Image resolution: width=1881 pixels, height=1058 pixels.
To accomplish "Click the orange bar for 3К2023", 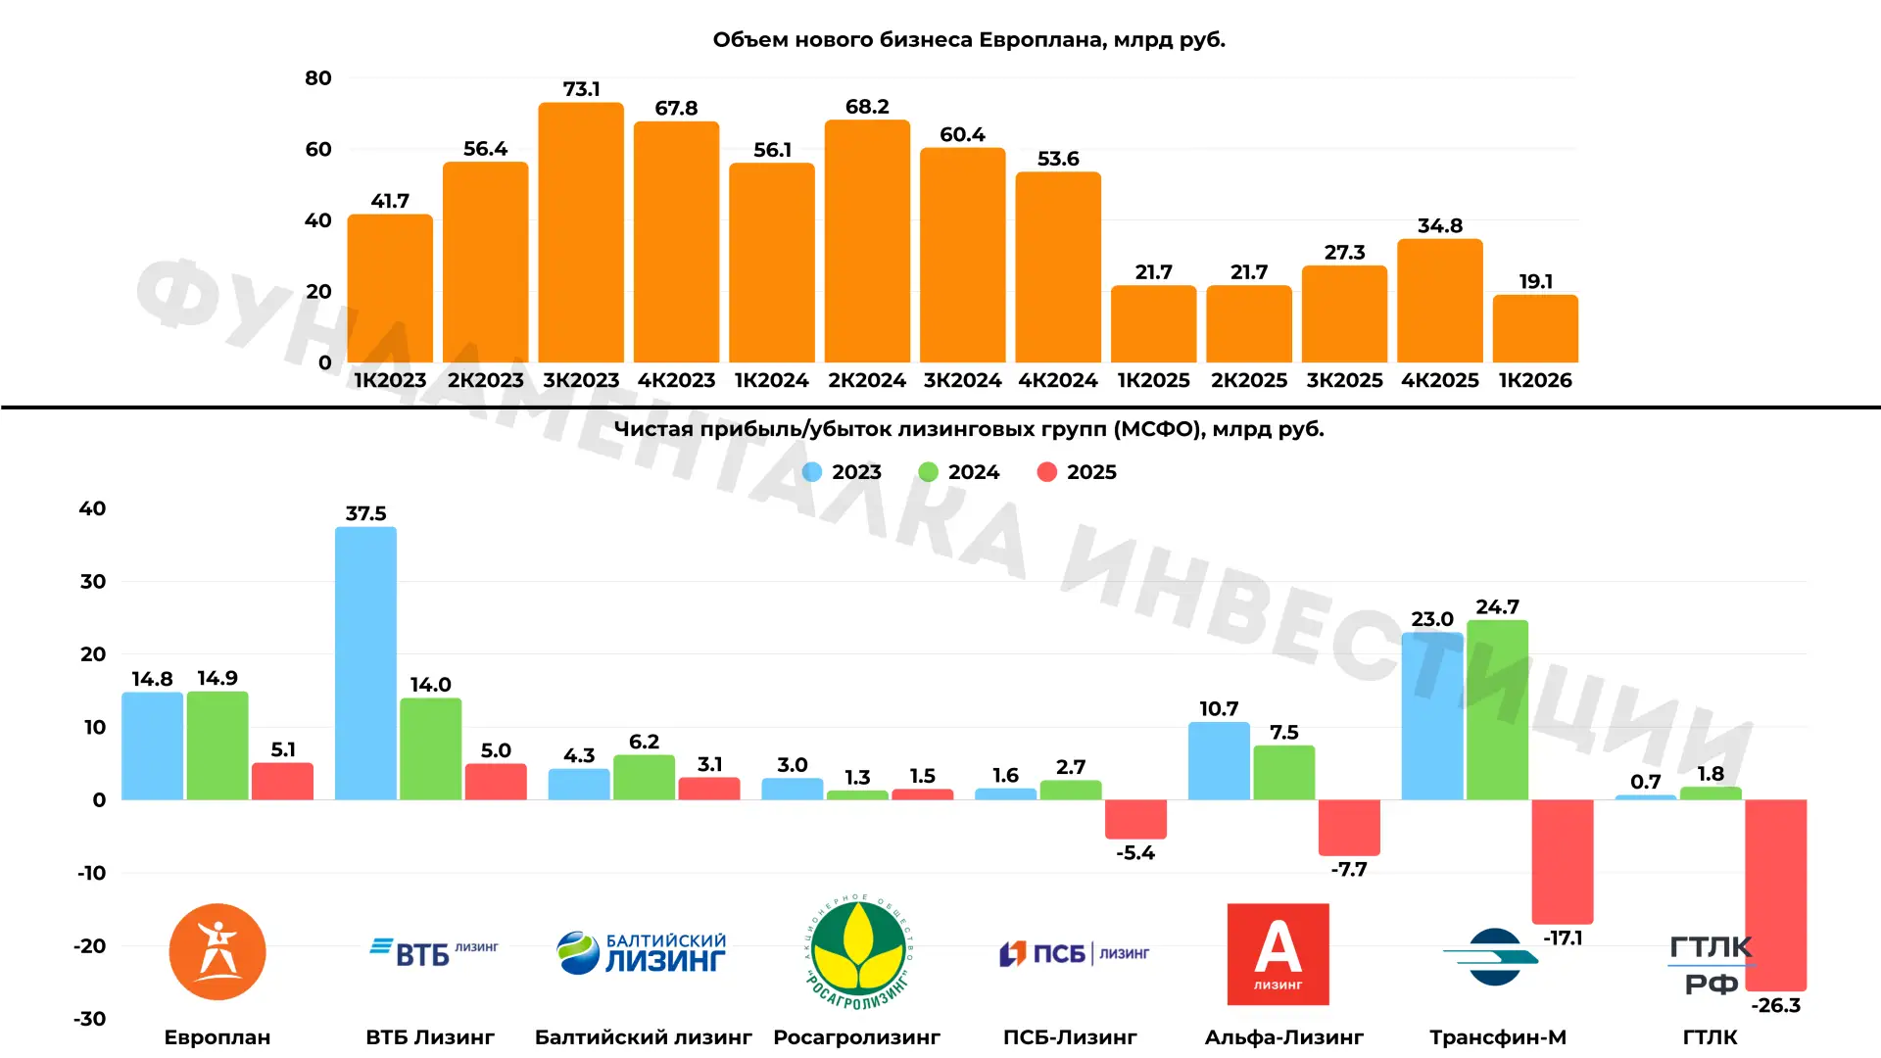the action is [581, 232].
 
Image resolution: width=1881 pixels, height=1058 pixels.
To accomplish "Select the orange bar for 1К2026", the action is [1535, 328].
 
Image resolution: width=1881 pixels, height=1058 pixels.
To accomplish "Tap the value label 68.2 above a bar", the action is [867, 106].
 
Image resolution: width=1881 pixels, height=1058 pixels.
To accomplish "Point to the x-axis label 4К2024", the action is [1058, 380].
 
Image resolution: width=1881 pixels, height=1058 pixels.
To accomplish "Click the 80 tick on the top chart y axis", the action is [318, 77].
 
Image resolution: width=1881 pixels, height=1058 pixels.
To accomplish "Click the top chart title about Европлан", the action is [969, 40].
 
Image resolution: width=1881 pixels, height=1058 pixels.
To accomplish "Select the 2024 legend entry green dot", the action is [928, 472].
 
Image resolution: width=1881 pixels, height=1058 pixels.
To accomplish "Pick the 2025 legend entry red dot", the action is [1046, 472].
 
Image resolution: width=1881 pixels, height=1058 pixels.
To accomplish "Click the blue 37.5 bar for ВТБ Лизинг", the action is [365, 663].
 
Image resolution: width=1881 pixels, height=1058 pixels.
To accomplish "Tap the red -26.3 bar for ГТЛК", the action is [1775, 895].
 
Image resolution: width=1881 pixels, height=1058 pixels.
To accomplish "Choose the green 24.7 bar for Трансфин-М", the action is [1497, 709].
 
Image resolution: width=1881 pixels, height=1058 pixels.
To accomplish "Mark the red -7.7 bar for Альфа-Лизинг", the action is [1349, 828].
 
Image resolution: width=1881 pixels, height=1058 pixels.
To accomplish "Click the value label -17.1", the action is [1563, 938].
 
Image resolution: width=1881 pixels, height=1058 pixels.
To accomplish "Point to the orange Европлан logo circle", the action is [217, 951].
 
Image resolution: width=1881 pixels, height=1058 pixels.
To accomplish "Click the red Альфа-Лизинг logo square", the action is [1278, 954].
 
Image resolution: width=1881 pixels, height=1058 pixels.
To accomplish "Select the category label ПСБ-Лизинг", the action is [1070, 1036].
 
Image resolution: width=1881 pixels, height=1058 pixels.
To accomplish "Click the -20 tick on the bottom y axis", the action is [90, 946].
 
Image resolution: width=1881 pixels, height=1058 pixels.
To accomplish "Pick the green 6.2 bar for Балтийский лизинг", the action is [644, 777].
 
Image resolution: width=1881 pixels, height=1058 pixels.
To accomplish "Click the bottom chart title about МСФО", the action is [969, 429].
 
